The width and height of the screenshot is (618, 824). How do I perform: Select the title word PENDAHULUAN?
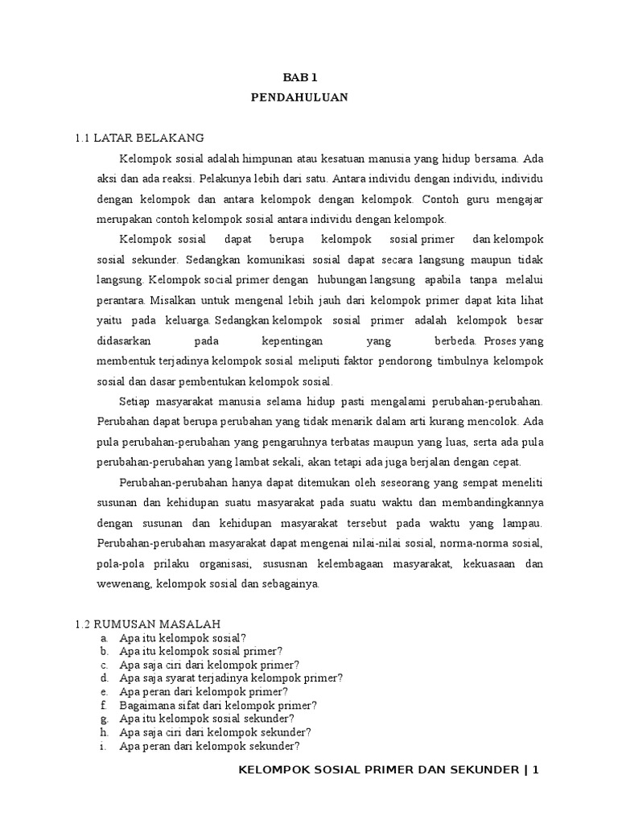point(299,97)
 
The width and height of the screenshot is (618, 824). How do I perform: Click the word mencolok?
point(491,420)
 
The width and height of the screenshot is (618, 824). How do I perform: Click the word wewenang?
point(124,583)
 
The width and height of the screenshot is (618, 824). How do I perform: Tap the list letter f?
point(104,705)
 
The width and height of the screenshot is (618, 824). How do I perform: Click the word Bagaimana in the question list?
point(146,705)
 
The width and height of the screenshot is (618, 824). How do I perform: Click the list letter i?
point(104,746)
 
